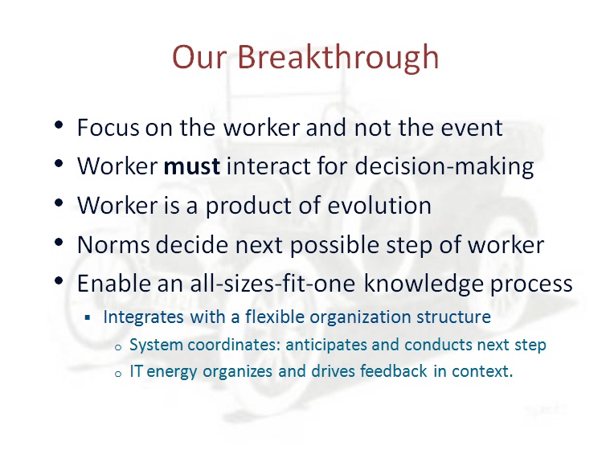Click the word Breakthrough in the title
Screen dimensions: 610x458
pyautogui.click(x=338, y=57)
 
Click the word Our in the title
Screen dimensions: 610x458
pyautogui.click(x=199, y=57)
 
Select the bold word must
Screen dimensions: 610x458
pyautogui.click(x=192, y=166)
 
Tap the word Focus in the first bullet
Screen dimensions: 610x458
pyautogui.click(x=108, y=127)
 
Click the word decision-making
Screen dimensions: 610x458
pyautogui.click(x=444, y=167)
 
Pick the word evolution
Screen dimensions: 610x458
pyautogui.click(x=379, y=205)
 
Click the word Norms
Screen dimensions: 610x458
pyautogui.click(x=113, y=245)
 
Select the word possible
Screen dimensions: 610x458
pyautogui.click(x=335, y=246)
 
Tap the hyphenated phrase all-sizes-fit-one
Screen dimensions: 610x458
pyautogui.click(x=272, y=283)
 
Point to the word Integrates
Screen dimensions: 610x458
pyautogui.click(x=143, y=317)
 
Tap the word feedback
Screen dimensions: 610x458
pyautogui.click(x=393, y=371)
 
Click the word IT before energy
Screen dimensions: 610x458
pyautogui.click(x=136, y=371)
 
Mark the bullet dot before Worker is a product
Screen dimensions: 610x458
pyautogui.click(x=59, y=203)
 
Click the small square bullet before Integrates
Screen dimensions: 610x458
pyautogui.click(x=88, y=318)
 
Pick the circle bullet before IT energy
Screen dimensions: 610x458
pyautogui.click(x=118, y=374)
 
